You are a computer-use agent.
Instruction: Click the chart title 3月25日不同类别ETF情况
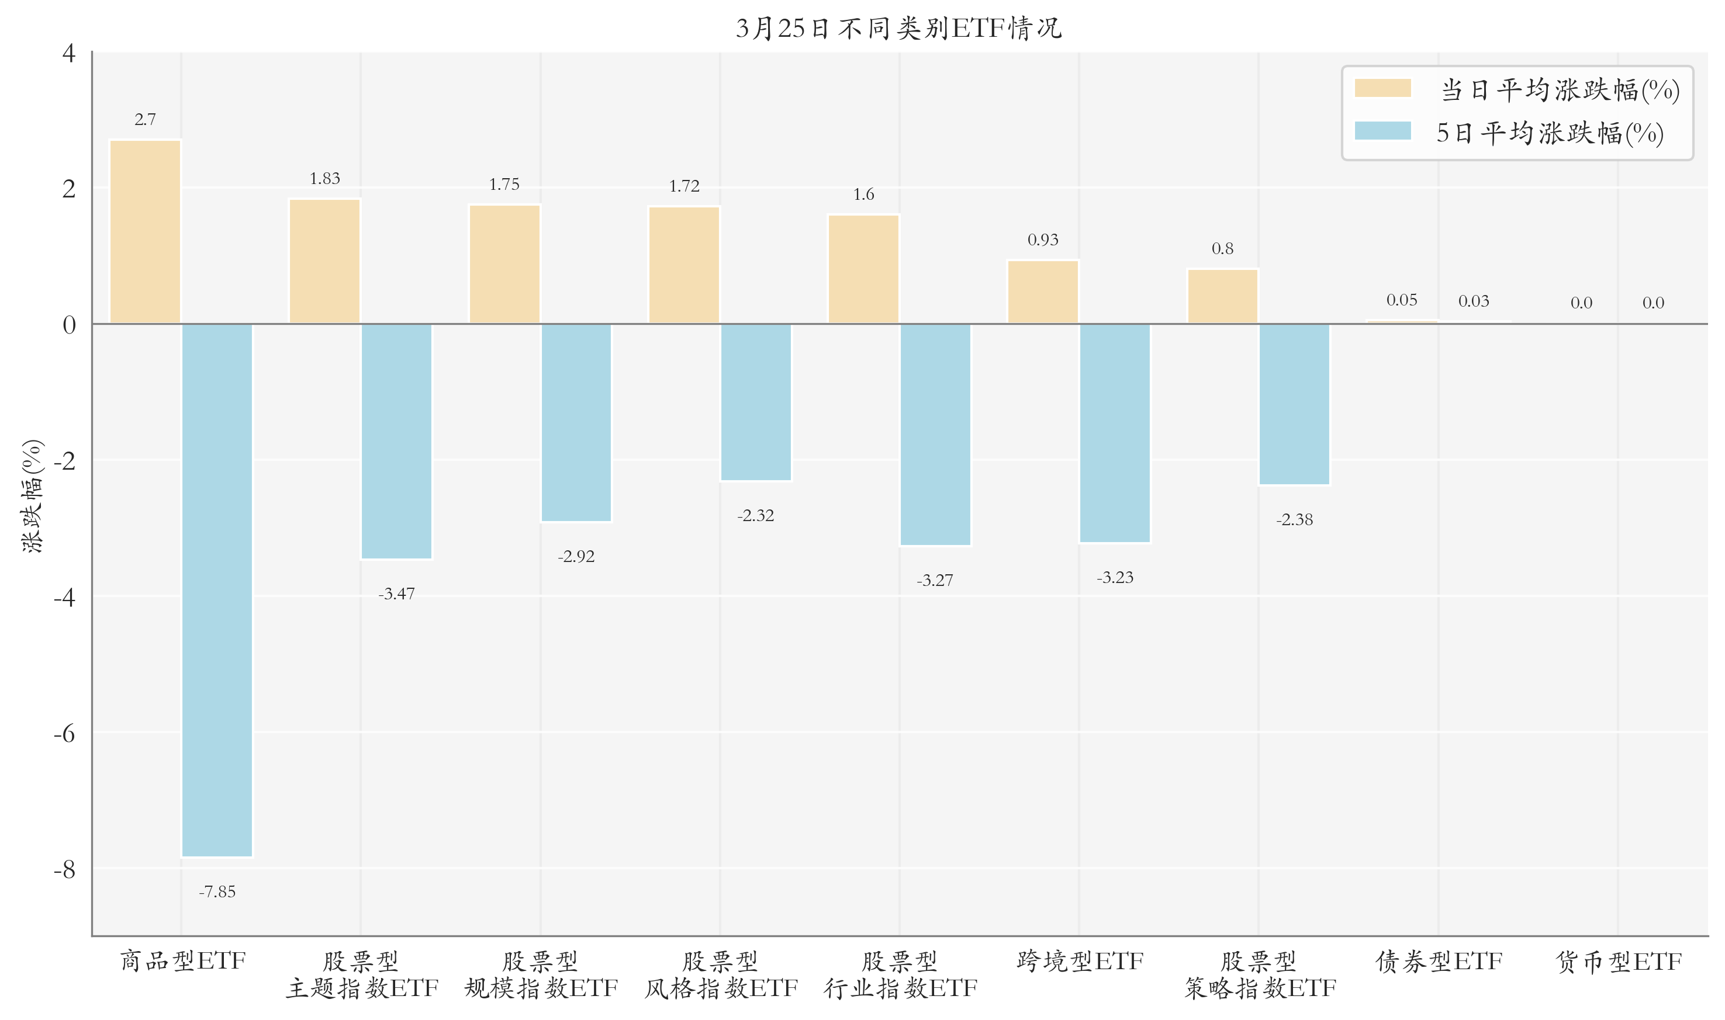898,28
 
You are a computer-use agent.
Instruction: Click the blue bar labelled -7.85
217,591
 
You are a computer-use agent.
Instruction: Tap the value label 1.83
324,179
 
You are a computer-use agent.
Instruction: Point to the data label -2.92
576,556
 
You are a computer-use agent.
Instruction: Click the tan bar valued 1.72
684,265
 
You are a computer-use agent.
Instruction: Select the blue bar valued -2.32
756,402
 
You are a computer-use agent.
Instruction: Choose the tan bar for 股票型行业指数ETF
863,269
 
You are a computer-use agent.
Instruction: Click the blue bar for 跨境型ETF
1115,433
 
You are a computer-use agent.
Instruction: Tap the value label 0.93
1043,240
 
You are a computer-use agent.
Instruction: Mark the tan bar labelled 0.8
1222,296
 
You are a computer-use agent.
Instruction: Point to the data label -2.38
1294,519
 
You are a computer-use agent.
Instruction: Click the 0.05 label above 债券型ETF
1401,300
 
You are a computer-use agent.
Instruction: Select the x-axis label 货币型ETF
1619,961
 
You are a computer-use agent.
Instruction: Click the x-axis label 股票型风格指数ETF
721,974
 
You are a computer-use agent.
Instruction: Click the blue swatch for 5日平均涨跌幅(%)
1382,131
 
